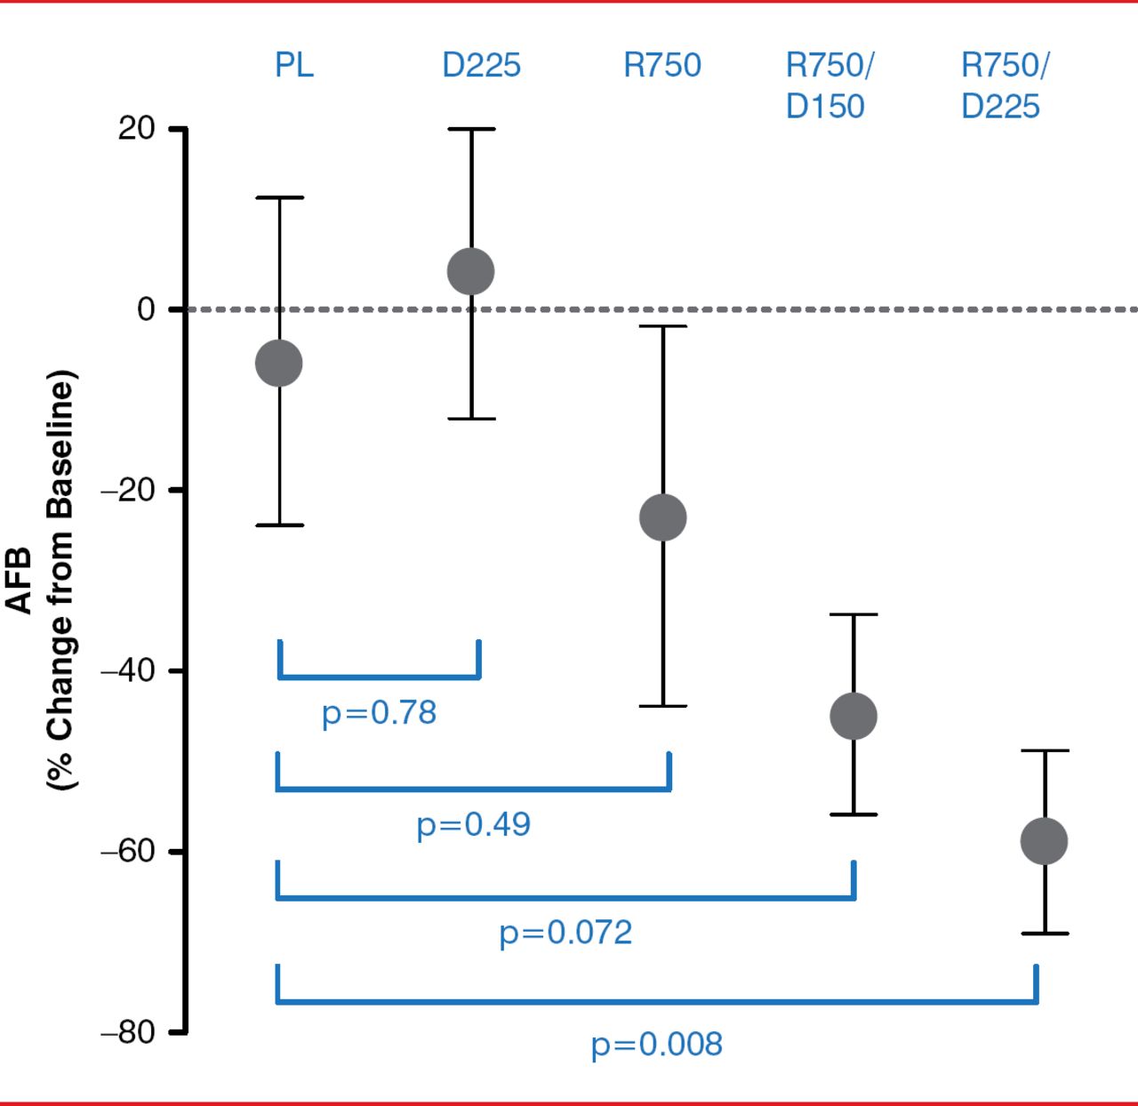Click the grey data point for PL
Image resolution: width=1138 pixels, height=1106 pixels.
(x=279, y=364)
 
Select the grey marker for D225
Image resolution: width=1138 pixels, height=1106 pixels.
(x=471, y=271)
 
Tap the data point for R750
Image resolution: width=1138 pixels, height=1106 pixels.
(x=663, y=517)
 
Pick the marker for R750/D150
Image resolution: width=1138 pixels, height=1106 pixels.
(x=853, y=716)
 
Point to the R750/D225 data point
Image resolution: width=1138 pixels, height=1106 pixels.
(x=1044, y=841)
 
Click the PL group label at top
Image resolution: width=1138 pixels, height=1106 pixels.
(x=294, y=66)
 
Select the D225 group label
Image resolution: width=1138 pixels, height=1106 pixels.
(x=481, y=66)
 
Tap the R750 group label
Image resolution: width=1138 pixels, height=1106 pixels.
(x=662, y=66)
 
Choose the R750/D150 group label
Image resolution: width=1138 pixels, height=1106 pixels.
(x=829, y=85)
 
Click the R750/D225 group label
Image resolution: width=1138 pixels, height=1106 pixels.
(x=1005, y=85)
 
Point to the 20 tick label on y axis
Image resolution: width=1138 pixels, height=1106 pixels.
(x=136, y=129)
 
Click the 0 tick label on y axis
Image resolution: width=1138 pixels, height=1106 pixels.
(x=146, y=309)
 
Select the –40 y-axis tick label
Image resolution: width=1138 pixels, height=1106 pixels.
(x=129, y=670)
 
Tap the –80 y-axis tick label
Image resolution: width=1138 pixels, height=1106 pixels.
(x=129, y=1032)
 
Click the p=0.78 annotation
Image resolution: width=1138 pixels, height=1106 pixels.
(x=380, y=713)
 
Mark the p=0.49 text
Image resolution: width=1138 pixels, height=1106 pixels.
(x=474, y=825)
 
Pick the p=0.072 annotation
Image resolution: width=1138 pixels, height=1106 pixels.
(x=565, y=933)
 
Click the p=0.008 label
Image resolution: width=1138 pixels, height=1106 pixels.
(x=657, y=1044)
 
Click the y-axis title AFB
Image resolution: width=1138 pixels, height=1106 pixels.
(x=20, y=581)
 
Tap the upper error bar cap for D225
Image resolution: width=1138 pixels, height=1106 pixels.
(x=471, y=129)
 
